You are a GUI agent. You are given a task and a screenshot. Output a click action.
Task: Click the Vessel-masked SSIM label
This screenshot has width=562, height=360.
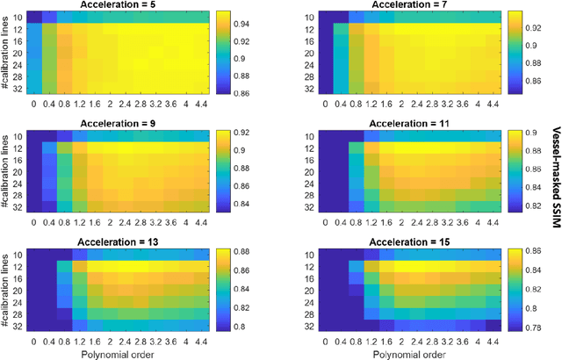(x=555, y=180)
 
